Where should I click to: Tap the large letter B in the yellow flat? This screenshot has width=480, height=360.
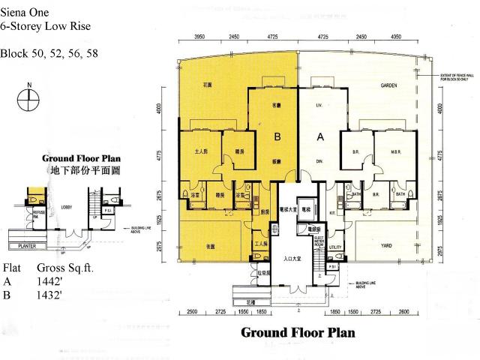coord(277,137)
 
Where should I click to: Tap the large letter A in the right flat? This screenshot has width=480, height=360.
coord(321,137)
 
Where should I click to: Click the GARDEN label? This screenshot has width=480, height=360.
coord(388,85)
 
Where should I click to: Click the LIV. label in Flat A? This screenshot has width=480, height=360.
coord(319,105)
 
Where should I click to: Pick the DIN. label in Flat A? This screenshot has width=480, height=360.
coord(319,161)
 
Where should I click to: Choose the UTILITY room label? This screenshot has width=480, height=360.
coord(335,246)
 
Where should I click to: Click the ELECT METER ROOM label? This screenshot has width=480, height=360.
coord(318,241)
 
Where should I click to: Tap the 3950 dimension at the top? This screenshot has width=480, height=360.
coord(199,36)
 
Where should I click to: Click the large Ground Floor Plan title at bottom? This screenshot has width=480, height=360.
coord(297,331)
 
